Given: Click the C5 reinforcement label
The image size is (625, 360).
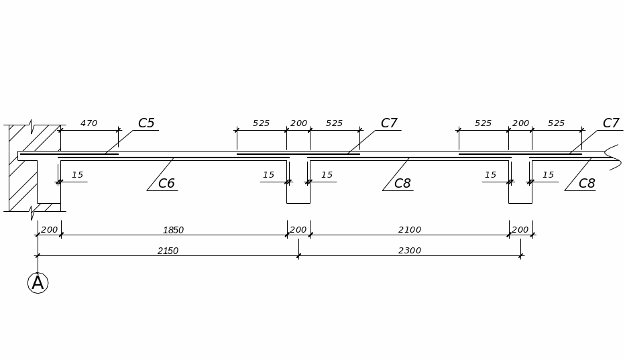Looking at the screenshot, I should tap(146, 123).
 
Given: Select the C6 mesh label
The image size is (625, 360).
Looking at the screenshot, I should tap(166, 184).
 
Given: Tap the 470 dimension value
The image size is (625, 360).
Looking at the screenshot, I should tap(89, 123).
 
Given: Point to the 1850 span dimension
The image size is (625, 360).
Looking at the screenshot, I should tap(173, 230).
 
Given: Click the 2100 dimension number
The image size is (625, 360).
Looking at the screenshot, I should tap(410, 230).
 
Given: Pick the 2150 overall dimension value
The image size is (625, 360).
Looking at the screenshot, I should tap(168, 251).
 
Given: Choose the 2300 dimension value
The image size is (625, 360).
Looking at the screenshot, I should tap(410, 251).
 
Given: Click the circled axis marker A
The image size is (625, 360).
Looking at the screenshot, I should tap(38, 283).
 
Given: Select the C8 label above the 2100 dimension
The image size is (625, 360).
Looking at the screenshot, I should tap(402, 184).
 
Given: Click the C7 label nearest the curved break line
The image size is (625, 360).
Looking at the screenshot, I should tap(611, 123).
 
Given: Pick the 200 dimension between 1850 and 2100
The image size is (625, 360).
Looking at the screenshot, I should tap(298, 230).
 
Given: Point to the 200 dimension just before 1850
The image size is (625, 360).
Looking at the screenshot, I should tap(49, 230).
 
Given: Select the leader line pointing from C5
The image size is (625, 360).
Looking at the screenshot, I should tap(119, 142).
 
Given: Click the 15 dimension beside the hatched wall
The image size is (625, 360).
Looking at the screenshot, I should tap(78, 175).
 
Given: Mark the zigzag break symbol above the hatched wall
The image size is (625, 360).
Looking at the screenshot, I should tap(32, 126).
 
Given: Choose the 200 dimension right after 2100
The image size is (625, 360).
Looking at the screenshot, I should tap(520, 230).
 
